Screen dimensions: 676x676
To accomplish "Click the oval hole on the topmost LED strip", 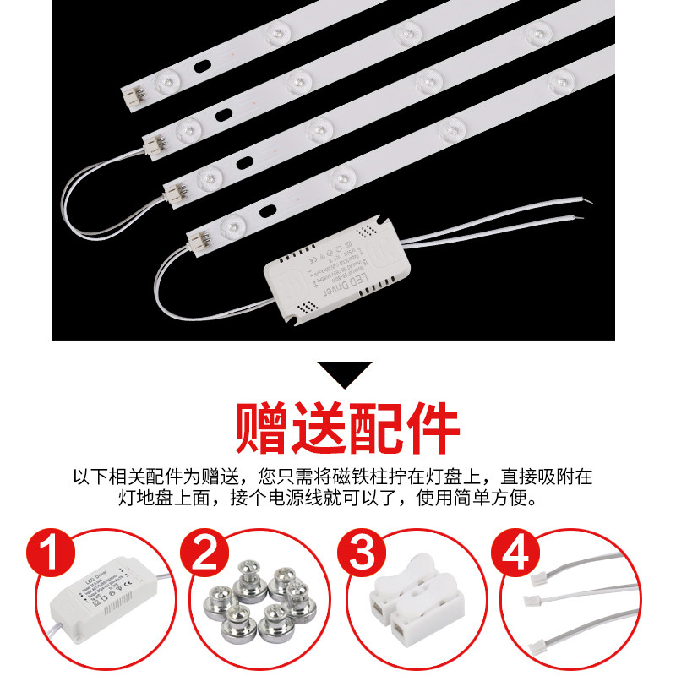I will (203, 64).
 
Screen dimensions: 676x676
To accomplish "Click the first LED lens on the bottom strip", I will (229, 226).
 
